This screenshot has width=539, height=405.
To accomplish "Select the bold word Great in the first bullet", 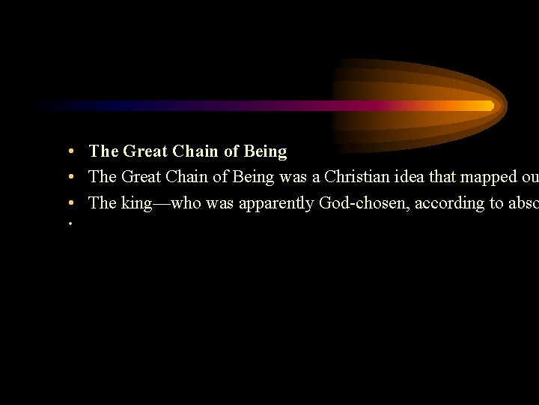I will pos(146,151).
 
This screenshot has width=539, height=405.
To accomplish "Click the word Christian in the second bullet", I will pos(354,177).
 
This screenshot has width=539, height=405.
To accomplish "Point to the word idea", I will pos(404,177).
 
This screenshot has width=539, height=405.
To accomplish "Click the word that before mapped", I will pos(443,177).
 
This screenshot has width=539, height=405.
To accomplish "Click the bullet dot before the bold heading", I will pos(69,152).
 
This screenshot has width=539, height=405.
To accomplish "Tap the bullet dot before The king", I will pos(69,203).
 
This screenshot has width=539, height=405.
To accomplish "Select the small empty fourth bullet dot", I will pos(69,223).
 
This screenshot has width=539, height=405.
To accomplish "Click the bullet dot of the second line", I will pos(69,178).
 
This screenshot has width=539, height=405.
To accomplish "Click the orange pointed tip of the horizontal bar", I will pos(490,106).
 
